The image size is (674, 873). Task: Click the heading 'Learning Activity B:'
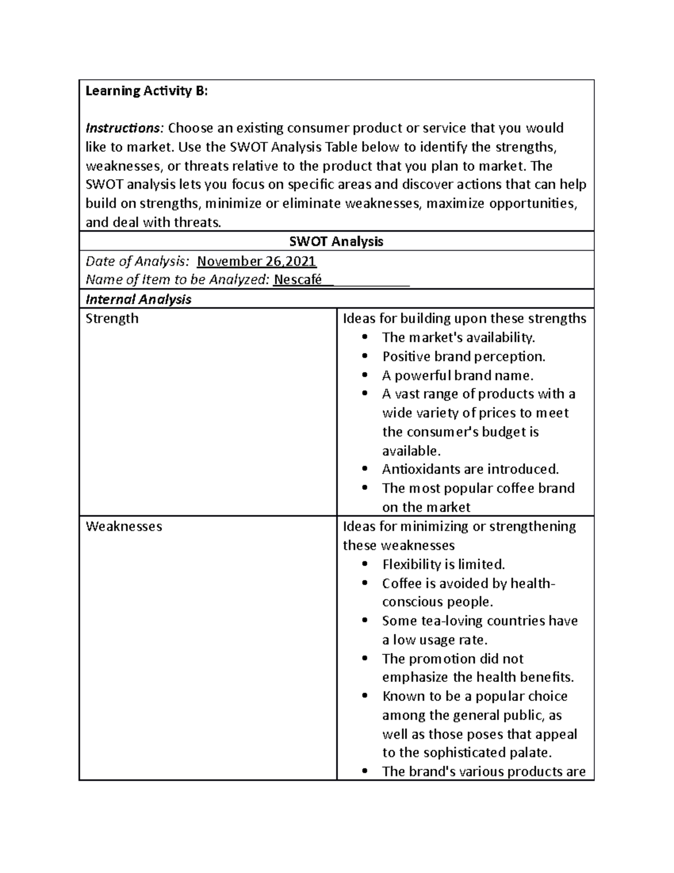click(x=146, y=91)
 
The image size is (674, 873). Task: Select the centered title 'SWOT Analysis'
click(x=336, y=242)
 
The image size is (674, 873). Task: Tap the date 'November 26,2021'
click(x=257, y=261)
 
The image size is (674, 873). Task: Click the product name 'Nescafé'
click(x=297, y=280)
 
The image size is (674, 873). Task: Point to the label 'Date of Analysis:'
click(x=137, y=261)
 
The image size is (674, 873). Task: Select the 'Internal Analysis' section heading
click(x=138, y=299)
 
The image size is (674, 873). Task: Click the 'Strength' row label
click(x=112, y=318)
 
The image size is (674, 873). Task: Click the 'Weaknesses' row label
click(x=124, y=526)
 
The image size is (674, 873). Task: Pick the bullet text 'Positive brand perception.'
click(x=463, y=356)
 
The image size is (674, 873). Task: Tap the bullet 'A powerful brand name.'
click(x=457, y=375)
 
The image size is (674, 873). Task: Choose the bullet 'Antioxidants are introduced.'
click(x=470, y=469)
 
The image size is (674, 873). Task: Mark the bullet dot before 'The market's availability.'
click(x=366, y=337)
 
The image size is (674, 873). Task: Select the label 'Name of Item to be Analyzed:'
click(x=177, y=280)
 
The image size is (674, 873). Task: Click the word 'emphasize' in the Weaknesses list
click(x=415, y=677)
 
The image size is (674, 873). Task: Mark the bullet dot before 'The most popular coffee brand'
click(x=366, y=488)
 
